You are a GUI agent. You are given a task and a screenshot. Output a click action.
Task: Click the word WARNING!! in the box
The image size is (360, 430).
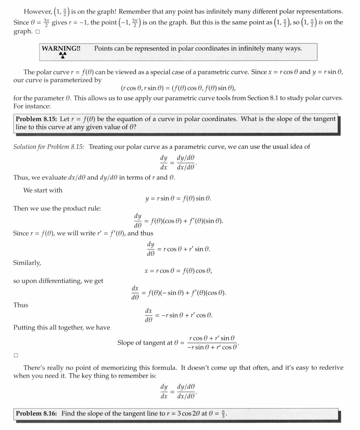[61, 48]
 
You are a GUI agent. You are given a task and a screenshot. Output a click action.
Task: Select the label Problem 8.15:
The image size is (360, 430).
[36, 119]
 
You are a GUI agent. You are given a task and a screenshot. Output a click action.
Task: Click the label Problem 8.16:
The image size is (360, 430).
[36, 413]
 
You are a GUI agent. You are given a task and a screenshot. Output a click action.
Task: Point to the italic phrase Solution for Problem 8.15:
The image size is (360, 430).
[49, 147]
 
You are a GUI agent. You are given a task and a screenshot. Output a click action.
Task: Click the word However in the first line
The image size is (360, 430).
[37, 11]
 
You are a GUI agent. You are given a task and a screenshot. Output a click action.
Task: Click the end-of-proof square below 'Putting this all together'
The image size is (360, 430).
[16, 355]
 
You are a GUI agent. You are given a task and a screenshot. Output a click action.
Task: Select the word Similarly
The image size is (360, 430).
[27, 263]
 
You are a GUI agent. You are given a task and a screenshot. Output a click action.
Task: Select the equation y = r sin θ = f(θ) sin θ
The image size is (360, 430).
[178, 198]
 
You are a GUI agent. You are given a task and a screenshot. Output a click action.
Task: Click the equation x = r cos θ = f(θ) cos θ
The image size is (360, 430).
[178, 271]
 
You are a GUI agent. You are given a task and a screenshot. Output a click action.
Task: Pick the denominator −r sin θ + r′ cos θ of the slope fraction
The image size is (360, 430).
[212, 347]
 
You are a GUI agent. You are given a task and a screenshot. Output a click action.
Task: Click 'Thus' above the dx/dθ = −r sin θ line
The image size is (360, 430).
[21, 305]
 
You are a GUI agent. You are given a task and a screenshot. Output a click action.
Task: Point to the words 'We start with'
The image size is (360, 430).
[43, 190]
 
